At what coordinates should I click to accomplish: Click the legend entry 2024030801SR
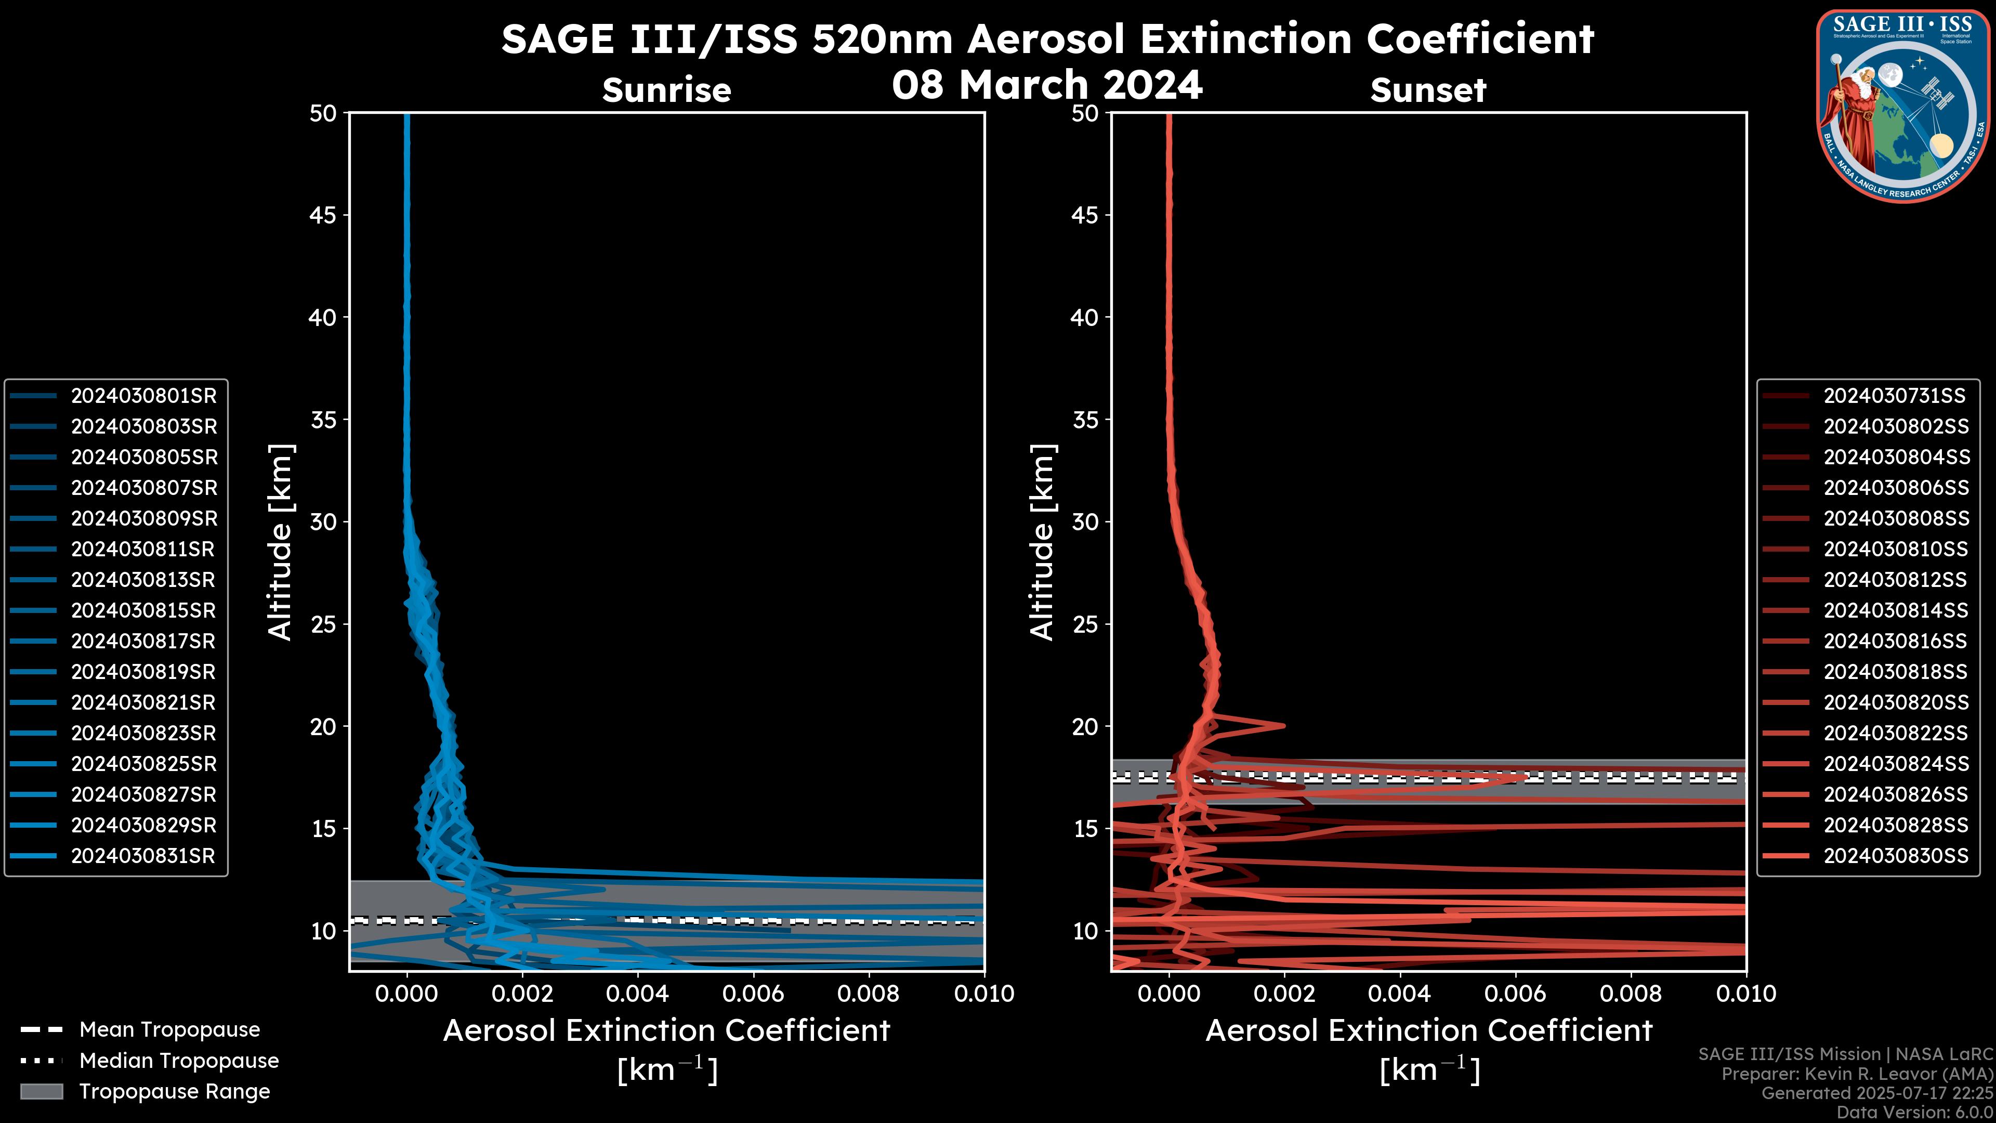click(x=143, y=396)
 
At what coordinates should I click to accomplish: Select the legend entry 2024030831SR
click(x=143, y=856)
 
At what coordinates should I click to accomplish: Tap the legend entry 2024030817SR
click(x=143, y=642)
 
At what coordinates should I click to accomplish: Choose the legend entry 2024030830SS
click(x=1895, y=856)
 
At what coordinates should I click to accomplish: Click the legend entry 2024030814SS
click(x=1895, y=611)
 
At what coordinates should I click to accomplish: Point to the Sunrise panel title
click(x=666, y=90)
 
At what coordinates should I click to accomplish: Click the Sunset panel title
click(x=1428, y=90)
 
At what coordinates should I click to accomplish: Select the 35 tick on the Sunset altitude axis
click(x=1085, y=420)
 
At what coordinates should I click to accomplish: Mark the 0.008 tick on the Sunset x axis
click(x=1630, y=994)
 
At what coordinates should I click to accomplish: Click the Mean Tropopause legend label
click(x=169, y=1030)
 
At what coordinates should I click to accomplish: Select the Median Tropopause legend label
click(x=179, y=1061)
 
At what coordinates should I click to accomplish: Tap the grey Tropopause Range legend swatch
click(x=41, y=1092)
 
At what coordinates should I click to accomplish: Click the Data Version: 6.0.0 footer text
click(x=1914, y=1113)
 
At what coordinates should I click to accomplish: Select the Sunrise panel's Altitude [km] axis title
click(x=281, y=542)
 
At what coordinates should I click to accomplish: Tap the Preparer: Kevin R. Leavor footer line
click(x=1857, y=1074)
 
